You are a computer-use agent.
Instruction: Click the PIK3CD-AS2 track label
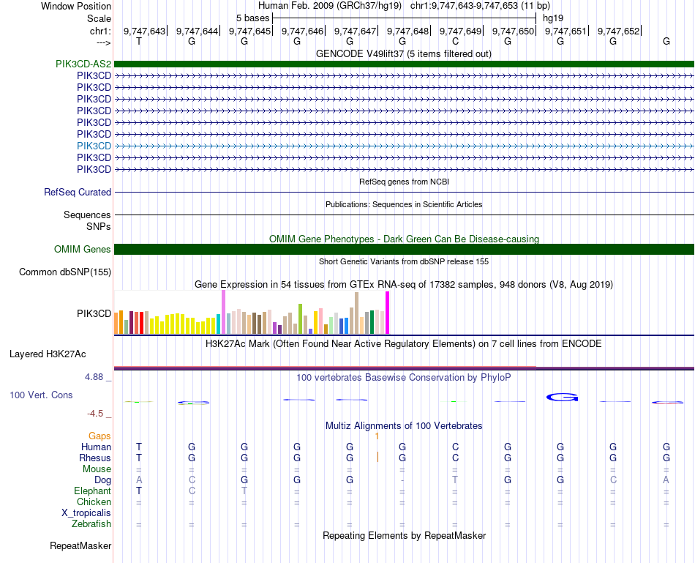(x=83, y=64)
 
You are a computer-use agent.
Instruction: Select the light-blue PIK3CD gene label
(x=94, y=146)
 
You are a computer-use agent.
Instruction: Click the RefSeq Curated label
(x=78, y=192)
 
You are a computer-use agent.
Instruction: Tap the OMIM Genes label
(x=83, y=250)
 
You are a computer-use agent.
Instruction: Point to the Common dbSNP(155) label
(x=65, y=272)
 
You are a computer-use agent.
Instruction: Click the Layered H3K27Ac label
(x=48, y=354)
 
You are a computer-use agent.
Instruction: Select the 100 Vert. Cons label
(x=42, y=395)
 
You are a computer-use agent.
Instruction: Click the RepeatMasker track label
(x=80, y=545)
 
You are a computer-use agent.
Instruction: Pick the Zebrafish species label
(x=91, y=523)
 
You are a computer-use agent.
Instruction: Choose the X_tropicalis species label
(x=86, y=512)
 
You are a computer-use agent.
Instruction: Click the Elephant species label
(x=92, y=491)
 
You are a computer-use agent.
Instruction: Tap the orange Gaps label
(x=99, y=436)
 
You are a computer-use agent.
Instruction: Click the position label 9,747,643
(x=145, y=31)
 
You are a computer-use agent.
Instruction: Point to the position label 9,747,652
(x=619, y=31)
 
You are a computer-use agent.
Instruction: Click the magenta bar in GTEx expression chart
(x=388, y=313)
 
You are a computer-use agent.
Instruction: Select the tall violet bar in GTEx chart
(x=223, y=312)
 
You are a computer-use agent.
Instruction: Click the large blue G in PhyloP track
(x=562, y=398)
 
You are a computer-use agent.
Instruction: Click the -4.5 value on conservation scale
(x=97, y=413)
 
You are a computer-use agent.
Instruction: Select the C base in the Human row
(x=455, y=447)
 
